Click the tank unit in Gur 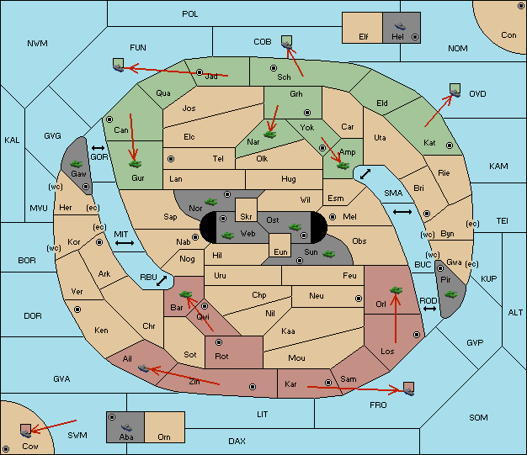pos(135,164)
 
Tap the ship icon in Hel pos(400,26)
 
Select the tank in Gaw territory pos(77,163)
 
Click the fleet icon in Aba pos(126,427)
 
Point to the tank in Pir pos(450,294)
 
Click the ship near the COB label pos(287,44)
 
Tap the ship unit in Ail pos(143,368)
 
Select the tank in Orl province pos(396,290)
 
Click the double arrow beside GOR pos(98,148)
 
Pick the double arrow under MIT pos(125,243)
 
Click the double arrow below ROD pos(429,309)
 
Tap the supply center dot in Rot pos(219,342)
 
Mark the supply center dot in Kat pos(450,145)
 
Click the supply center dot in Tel pos(171,159)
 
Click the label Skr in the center pos(246,217)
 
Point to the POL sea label pos(190,14)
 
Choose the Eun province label pos(280,251)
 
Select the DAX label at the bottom pos(237,441)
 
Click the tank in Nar pos(269,135)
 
